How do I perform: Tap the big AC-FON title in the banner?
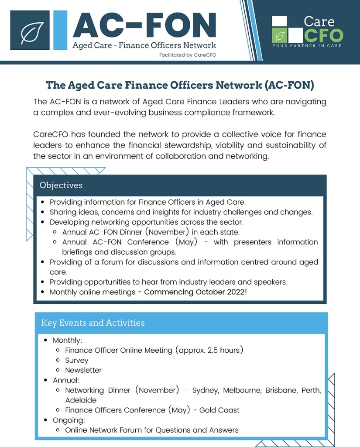pos(144,25)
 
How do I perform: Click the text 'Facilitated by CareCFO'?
pos(188,55)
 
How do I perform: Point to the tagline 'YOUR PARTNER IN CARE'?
pos(307,45)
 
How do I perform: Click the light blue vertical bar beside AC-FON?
pos(60,30)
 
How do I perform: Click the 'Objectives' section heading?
pos(61,185)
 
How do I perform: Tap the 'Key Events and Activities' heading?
pos(93,323)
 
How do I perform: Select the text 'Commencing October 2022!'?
pos(195,292)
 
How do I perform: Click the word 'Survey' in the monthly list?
pos(77,361)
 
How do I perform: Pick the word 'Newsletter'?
pos(83,370)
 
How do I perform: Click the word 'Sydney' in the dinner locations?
pos(205,390)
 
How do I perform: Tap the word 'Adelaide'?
pos(81,400)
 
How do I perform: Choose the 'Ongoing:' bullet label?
pos(69,420)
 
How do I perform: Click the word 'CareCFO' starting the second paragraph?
pos(51,134)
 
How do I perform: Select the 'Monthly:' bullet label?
pos(68,340)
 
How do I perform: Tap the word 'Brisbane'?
pos(281,390)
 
